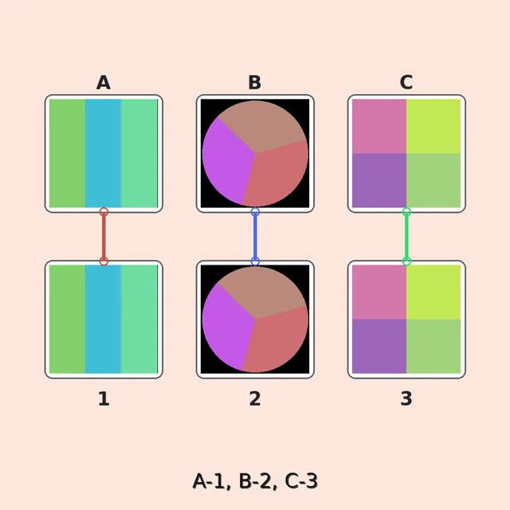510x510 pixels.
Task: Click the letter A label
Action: click(104, 83)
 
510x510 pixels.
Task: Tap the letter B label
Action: click(255, 83)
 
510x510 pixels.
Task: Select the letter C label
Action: click(406, 83)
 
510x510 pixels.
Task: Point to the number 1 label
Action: click(104, 398)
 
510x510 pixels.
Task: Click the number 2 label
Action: click(255, 398)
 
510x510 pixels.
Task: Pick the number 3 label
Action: click(406, 398)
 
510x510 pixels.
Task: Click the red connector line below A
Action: click(104, 237)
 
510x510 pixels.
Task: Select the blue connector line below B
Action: click(255, 237)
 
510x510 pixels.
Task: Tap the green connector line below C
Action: click(406, 237)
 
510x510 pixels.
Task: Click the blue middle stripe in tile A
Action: click(103, 153)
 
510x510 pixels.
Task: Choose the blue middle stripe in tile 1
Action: click(103, 319)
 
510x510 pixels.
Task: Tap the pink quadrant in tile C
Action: click(379, 126)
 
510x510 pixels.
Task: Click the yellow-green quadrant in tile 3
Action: click(433, 292)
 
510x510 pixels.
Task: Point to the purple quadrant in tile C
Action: click(379, 181)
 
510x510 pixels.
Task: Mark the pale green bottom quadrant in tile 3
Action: click(433, 347)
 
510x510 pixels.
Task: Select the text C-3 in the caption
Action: click(301, 481)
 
